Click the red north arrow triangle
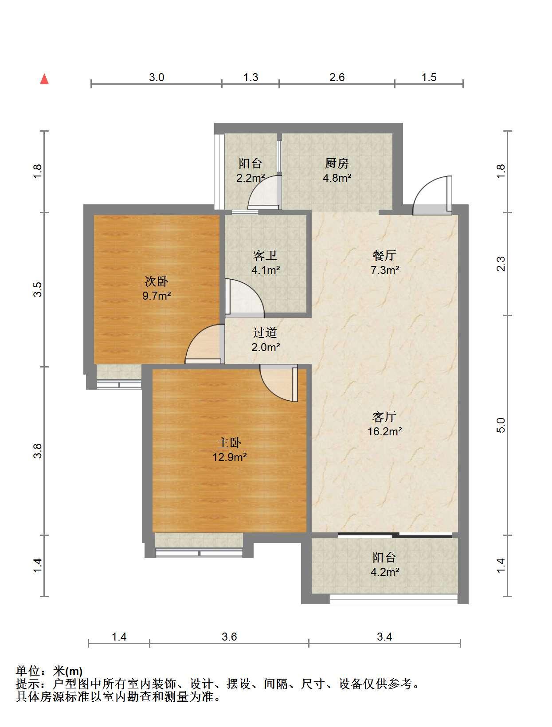[44, 79]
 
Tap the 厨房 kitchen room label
[337, 163]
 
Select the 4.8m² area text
[337, 178]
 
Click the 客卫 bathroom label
[265, 255]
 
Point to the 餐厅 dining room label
[384, 255]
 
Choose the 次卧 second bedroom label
[157, 281]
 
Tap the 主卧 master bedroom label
[229, 443]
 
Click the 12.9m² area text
[229, 457]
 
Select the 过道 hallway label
[265, 332]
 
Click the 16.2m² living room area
[384, 431]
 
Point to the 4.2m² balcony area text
[384, 572]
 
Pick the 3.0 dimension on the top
[157, 78]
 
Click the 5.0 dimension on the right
[501, 425]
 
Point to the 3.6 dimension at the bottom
[229, 637]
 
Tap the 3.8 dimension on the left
[38, 451]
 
